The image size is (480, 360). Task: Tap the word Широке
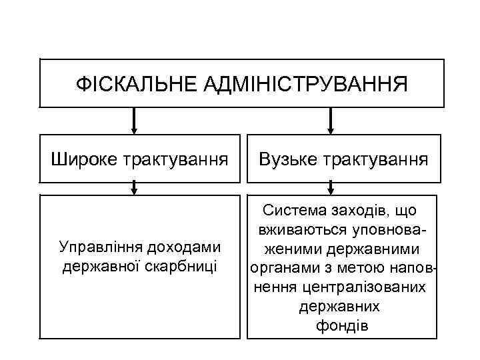pyautogui.click(x=84, y=159)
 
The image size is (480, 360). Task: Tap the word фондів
pyautogui.click(x=340, y=326)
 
